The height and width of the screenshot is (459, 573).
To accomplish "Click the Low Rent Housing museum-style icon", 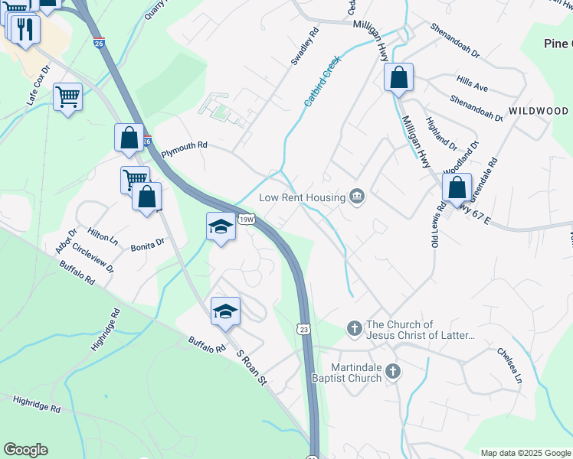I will point(356,197).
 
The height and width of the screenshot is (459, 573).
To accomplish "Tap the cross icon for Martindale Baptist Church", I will point(393,372).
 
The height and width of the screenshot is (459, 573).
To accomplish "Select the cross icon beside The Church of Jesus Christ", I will point(354,329).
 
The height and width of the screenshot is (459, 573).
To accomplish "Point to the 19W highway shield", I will point(246,220).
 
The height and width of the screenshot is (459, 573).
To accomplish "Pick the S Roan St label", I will point(250,369).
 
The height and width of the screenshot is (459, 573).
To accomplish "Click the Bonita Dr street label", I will point(149,244).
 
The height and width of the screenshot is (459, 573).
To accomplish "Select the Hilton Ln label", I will point(103,237).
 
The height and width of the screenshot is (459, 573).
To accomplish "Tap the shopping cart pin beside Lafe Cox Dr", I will point(68,96).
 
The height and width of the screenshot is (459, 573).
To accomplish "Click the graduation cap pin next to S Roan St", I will point(225,311).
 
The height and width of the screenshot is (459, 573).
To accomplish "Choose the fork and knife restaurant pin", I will point(26,29).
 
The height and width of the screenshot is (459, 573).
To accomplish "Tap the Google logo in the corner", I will point(25,450).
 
